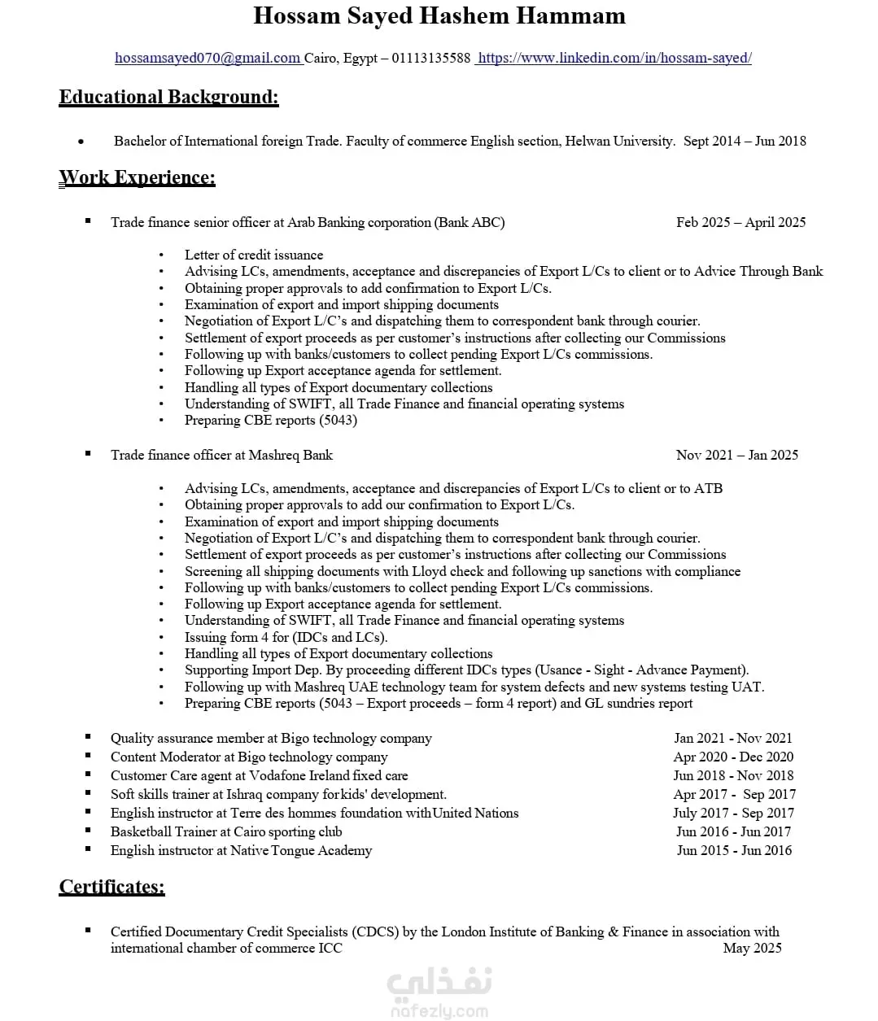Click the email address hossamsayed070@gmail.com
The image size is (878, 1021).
pos(207,58)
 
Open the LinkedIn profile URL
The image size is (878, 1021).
pos(614,58)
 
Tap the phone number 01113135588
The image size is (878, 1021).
pos(431,58)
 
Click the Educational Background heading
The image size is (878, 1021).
pos(168,97)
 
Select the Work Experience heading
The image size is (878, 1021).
pos(138,177)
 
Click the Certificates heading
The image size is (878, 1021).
pos(111,887)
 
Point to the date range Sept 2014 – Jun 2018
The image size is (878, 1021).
pos(745,141)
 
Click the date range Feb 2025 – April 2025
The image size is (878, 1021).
pos(740,222)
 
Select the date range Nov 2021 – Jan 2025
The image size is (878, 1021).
pos(736,455)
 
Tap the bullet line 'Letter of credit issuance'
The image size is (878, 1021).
pos(254,255)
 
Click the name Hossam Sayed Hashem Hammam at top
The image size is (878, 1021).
pos(439,15)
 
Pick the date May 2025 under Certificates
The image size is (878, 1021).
pos(752,948)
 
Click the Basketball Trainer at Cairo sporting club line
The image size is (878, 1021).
pos(226,831)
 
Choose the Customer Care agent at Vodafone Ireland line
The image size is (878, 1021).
pos(259,775)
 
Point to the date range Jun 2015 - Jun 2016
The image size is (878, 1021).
pos(734,850)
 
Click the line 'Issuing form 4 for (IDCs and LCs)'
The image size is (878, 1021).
pos(286,637)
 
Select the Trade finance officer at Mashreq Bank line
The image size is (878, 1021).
pos(221,455)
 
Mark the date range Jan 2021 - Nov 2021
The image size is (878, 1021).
pos(732,738)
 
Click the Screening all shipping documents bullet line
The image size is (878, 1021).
pos(462,571)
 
